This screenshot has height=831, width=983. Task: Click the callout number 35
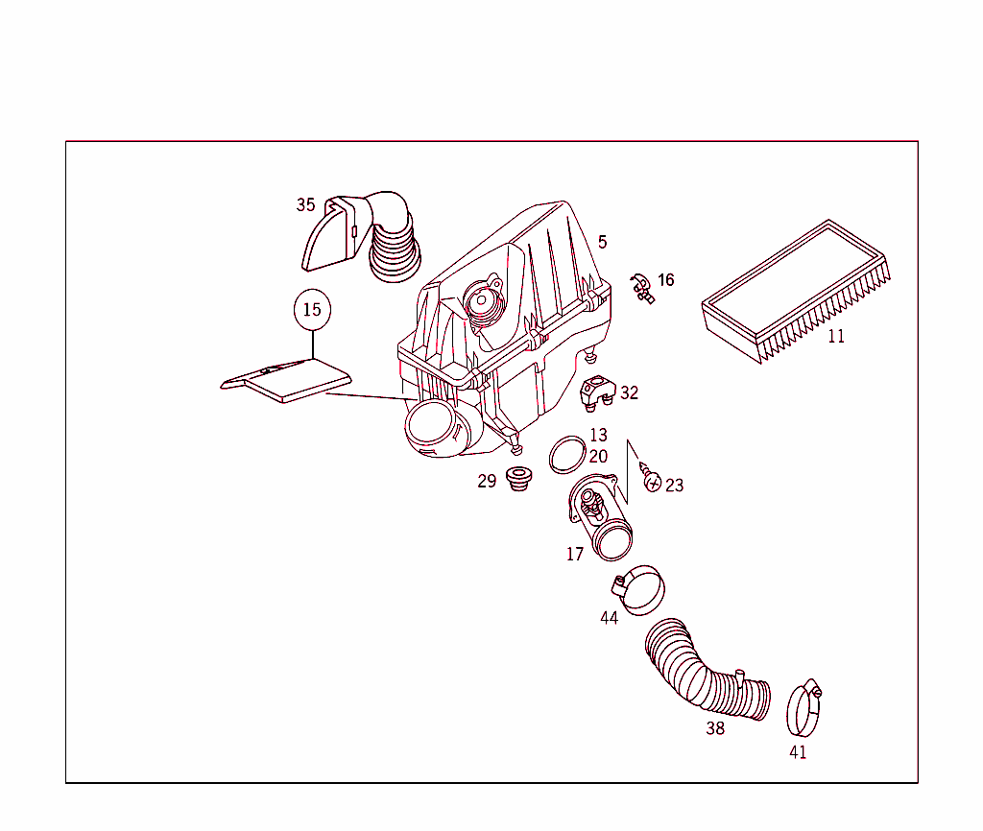pyautogui.click(x=305, y=205)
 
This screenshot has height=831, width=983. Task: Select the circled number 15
pyautogui.click(x=312, y=310)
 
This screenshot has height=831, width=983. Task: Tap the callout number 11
pyautogui.click(x=836, y=337)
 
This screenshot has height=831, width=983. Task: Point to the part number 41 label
pyautogui.click(x=798, y=752)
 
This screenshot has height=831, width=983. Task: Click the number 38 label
pyautogui.click(x=715, y=728)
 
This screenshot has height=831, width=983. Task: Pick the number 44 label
pyautogui.click(x=609, y=618)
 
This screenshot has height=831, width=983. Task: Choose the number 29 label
pyautogui.click(x=487, y=482)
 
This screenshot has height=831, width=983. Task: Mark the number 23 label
pyautogui.click(x=675, y=486)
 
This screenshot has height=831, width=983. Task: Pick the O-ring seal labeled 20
pyautogui.click(x=567, y=455)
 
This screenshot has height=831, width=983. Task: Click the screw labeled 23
pyautogui.click(x=651, y=479)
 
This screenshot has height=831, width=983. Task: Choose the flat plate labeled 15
pyautogui.click(x=286, y=380)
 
